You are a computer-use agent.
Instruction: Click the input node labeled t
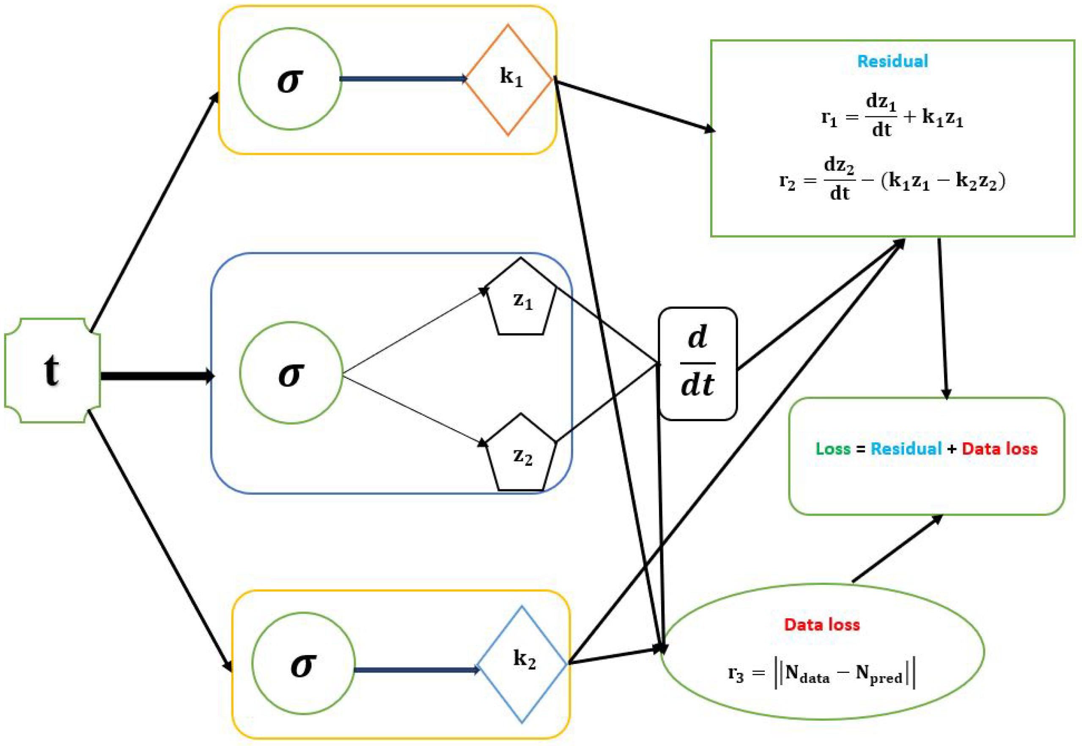[x=52, y=370]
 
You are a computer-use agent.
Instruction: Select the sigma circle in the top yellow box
[x=290, y=79]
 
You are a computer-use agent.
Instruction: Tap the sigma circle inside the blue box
[x=291, y=373]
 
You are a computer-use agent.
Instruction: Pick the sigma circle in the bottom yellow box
[x=303, y=663]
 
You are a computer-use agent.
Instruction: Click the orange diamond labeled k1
[x=509, y=80]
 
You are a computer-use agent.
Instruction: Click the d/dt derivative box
[x=698, y=364]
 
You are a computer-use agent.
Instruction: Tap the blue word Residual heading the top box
[x=892, y=61]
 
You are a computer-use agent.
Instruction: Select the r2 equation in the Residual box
[x=892, y=181]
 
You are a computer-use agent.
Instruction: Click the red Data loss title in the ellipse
[x=822, y=625]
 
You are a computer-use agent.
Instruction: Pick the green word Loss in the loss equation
[x=833, y=449]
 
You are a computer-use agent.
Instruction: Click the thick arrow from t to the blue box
[x=157, y=376]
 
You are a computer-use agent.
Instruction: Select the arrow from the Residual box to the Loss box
[x=943, y=318]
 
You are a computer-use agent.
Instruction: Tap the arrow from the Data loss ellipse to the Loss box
[x=896, y=549]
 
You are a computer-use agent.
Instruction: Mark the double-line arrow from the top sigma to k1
[x=403, y=79]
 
